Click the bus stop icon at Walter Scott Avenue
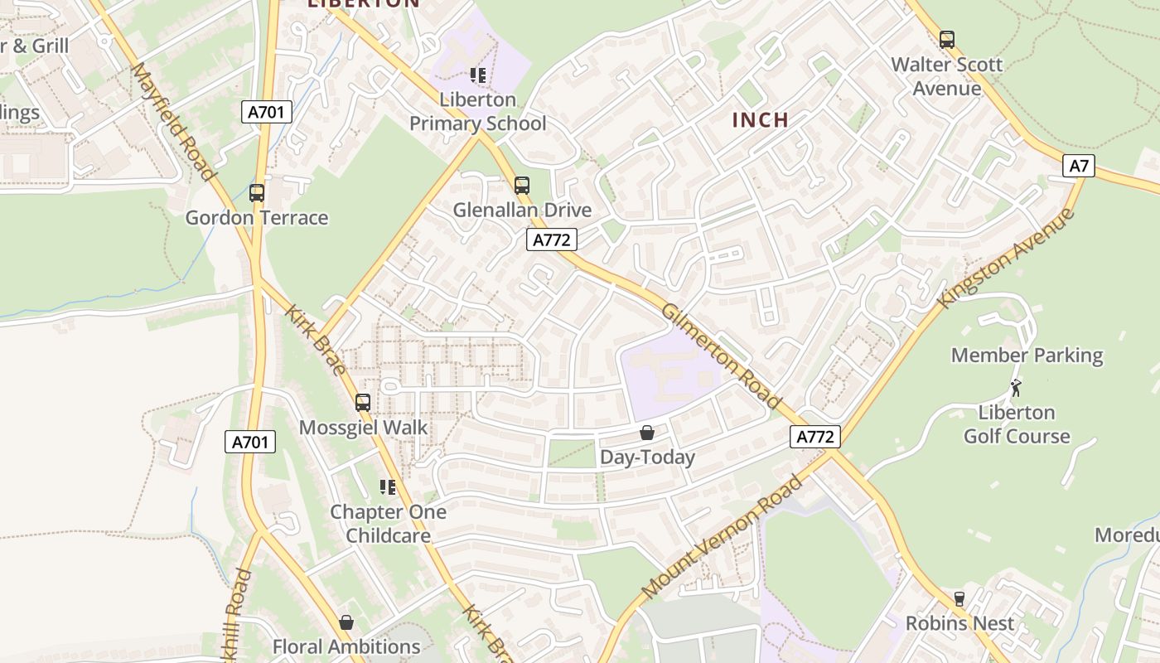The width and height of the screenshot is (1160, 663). pyautogui.click(x=946, y=39)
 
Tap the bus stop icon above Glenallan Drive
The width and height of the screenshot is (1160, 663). pyautogui.click(x=521, y=185)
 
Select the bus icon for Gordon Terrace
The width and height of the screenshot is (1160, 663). pyautogui.click(x=257, y=193)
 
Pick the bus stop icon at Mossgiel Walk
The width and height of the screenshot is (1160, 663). pyautogui.click(x=363, y=403)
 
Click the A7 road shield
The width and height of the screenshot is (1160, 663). pyautogui.click(x=1078, y=166)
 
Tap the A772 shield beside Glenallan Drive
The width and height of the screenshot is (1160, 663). pyautogui.click(x=551, y=240)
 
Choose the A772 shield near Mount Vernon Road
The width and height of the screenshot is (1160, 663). pyautogui.click(x=815, y=437)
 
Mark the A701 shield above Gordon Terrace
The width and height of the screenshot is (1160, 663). pyautogui.click(x=267, y=112)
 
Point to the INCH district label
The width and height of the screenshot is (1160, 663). pyautogui.click(x=760, y=120)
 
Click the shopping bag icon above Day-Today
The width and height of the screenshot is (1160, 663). pyautogui.click(x=646, y=433)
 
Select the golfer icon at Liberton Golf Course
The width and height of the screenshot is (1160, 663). pyautogui.click(x=1016, y=387)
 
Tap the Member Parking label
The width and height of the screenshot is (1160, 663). pyautogui.click(x=1027, y=356)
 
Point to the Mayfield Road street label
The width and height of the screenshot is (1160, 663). pyautogui.click(x=172, y=121)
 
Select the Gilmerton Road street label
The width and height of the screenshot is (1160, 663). pyautogui.click(x=721, y=355)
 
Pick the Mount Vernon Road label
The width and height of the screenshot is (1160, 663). pyautogui.click(x=723, y=536)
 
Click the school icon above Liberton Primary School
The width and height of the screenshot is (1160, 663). pyautogui.click(x=477, y=75)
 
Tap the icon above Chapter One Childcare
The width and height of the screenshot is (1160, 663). pyautogui.click(x=387, y=487)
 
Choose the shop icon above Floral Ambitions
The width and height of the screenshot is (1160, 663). pyautogui.click(x=346, y=622)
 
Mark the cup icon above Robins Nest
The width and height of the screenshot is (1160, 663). pyautogui.click(x=959, y=598)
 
